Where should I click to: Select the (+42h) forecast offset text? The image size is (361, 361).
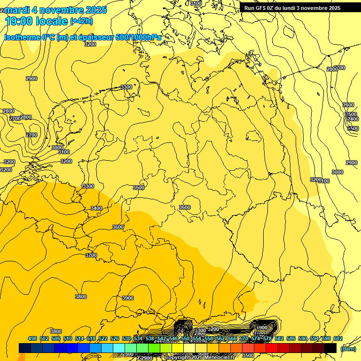pos(81,21)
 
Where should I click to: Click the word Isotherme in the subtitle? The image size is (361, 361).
pos(22,37)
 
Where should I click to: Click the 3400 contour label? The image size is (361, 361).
pos(96,208)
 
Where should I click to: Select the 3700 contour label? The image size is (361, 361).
pos(91,255)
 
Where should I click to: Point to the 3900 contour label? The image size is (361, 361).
pos(128,298)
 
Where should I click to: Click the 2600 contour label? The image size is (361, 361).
pos(348,105)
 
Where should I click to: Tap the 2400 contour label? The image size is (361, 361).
pos(353,119)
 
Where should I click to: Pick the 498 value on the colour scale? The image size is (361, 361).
pos(32,338)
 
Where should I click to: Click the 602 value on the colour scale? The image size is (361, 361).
pos(338,338)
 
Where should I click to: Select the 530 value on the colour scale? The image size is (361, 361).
pos(126,338)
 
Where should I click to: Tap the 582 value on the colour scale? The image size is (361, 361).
pos(279,338)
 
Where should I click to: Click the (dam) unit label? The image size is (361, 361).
pos(348,348)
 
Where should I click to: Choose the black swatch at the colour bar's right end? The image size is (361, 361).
pos(330,348)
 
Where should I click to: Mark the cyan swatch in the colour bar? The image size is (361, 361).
pos(119,348)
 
